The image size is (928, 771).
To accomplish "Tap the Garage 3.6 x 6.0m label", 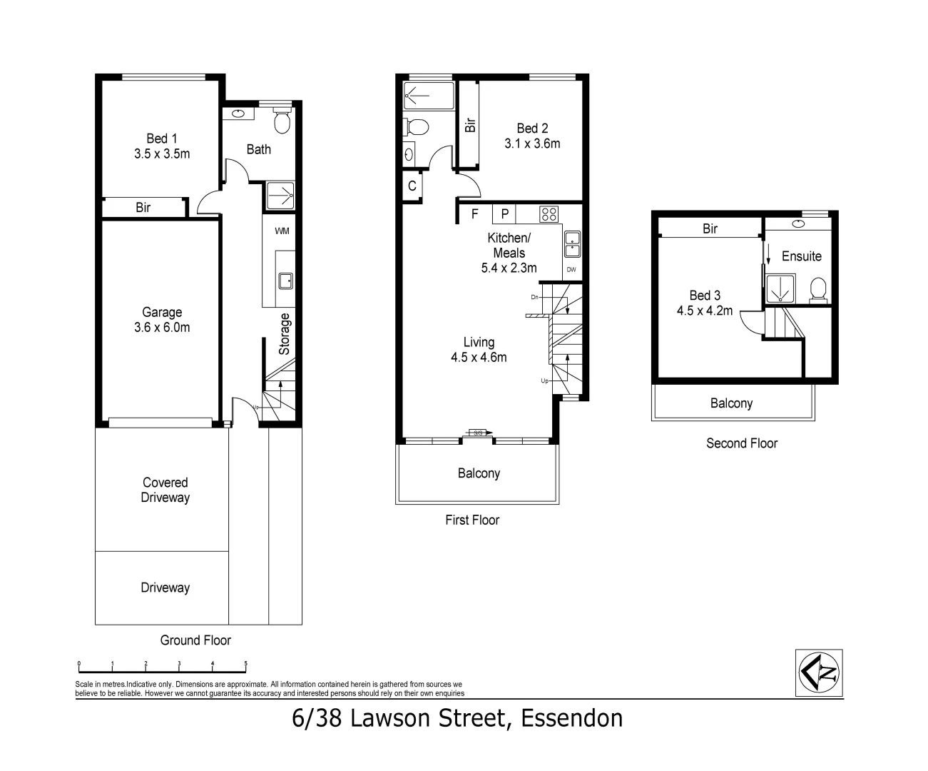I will coord(162,320).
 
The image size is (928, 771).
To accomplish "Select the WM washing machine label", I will coord(282,231).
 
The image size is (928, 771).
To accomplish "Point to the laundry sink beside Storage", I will coord(285,281).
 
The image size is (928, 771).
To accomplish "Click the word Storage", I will coord(285,333).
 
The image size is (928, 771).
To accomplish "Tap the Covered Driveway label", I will coord(165,490).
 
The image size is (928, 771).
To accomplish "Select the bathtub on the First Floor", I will coord(428,96).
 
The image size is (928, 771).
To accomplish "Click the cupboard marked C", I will coord(412,186).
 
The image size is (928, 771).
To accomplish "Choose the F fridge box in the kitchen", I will coord(475,213).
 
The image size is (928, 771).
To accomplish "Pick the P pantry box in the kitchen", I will coord(504,213).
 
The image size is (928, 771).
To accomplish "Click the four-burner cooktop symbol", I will coord(549,213).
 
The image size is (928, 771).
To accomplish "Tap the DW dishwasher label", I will coord(571,270).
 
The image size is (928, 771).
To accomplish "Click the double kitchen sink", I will coord(572,244).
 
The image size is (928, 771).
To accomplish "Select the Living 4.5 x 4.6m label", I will coord(479,350).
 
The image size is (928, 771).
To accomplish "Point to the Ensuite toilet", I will coord(818,289).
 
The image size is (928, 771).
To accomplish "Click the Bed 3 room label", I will coord(705,303).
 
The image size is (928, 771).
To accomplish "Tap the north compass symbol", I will coord(819,672).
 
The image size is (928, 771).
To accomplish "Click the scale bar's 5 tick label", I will coord(246,663).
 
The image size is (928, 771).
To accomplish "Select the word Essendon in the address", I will coord(572,718).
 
